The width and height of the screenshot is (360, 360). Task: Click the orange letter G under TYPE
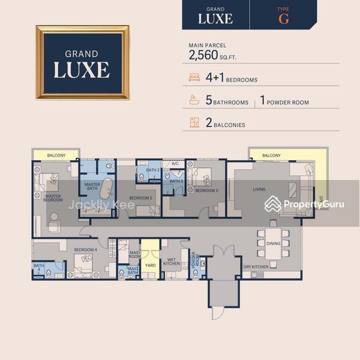284,19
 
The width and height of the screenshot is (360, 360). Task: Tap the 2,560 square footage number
203,55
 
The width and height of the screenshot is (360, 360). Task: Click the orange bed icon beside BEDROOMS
194,77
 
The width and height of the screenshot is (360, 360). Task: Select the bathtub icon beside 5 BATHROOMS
194,100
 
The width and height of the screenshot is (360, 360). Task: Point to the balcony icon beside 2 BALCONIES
194,122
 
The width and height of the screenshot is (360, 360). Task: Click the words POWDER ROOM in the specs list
287,103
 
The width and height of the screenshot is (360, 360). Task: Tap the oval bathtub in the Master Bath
106,188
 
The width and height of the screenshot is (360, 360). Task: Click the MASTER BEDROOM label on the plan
53,198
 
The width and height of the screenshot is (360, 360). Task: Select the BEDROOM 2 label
140,198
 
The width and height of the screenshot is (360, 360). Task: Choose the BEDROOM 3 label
206,190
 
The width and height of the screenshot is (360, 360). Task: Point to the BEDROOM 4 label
85,250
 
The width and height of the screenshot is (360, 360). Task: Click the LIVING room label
259,189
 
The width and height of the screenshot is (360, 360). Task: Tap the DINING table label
273,244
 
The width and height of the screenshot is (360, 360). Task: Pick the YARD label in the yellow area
151,265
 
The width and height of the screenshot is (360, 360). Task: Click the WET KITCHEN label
171,262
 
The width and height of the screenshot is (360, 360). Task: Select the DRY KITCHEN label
256,267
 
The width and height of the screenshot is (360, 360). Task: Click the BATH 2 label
152,170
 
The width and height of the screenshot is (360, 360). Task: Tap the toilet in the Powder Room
196,274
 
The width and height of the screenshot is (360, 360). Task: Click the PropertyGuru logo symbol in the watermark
272,204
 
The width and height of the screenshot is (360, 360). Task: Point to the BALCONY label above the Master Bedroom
56,155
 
